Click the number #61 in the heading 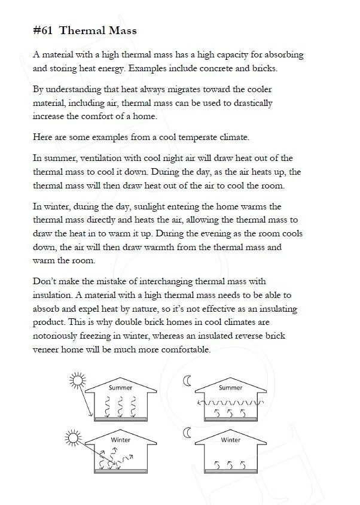point(42,31)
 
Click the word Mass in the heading point(120,31)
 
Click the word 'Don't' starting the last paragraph point(45,281)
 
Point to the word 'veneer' point(47,350)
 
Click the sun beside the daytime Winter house point(73,437)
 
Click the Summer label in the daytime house point(120,388)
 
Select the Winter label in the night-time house point(230,440)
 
